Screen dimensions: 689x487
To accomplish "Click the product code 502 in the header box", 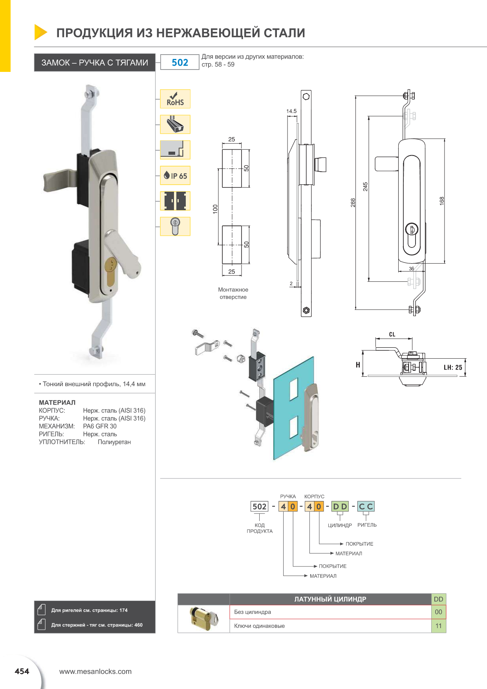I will pyautogui.click(x=180, y=62).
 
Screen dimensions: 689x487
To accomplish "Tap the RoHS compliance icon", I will pyautogui.click(x=175, y=99).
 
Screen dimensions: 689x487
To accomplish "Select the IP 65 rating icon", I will pyautogui.click(x=175, y=176).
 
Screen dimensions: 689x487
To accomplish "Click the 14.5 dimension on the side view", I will pyautogui.click(x=291, y=111).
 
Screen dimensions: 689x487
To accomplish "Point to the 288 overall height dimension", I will pyautogui.click(x=353, y=202).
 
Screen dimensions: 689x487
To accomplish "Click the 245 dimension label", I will pyautogui.click(x=365, y=187).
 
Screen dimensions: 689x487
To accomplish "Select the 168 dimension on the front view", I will pyautogui.click(x=441, y=200).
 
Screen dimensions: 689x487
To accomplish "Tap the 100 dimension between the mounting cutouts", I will pyautogui.click(x=215, y=209).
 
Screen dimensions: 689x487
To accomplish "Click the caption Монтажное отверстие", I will pyautogui.click(x=233, y=293).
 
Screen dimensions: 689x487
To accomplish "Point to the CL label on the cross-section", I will pyautogui.click(x=392, y=334).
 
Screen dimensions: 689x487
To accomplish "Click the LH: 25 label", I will pyautogui.click(x=452, y=368).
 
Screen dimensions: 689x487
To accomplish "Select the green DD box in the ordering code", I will pyautogui.click(x=340, y=506).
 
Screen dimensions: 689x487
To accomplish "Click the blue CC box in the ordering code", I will pyautogui.click(x=366, y=506).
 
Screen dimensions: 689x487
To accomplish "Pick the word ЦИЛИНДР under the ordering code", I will pyautogui.click(x=340, y=525).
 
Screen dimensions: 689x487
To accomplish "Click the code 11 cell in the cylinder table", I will pyautogui.click(x=438, y=626).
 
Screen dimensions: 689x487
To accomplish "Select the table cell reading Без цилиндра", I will pyautogui.click(x=252, y=612).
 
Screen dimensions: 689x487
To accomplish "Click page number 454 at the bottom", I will pyautogui.click(x=22, y=671).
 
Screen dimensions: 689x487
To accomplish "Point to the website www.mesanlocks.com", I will pyautogui.click(x=95, y=671).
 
